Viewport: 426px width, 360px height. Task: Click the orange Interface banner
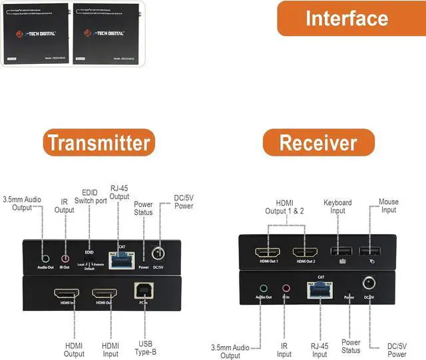(x=350, y=18)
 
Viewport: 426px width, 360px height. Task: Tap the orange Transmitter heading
(x=99, y=142)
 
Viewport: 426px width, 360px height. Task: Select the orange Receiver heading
(x=318, y=142)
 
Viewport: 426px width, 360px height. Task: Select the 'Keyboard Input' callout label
(x=337, y=206)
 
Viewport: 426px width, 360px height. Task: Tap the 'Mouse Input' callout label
(x=389, y=206)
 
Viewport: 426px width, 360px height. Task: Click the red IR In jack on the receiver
(x=287, y=288)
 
